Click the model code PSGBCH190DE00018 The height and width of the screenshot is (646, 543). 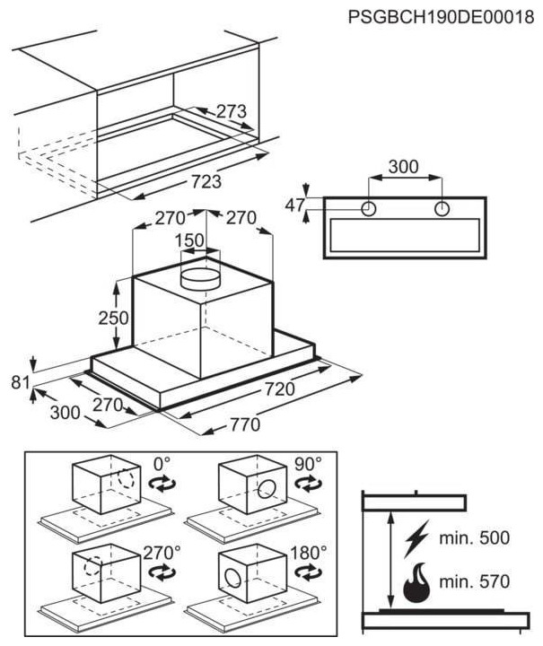[441, 17]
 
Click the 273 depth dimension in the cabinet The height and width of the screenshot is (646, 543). [232, 111]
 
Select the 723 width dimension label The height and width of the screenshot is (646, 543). [206, 181]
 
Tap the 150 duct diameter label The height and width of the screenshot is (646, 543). [189, 240]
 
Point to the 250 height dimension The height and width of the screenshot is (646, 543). [113, 318]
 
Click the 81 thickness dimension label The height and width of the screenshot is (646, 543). [20, 382]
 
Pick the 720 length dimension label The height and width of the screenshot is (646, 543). [280, 388]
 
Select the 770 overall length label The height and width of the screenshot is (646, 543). [245, 424]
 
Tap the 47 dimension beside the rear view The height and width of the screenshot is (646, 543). [295, 205]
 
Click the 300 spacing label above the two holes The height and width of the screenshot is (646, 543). [404, 167]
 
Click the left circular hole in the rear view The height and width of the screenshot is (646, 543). [369, 209]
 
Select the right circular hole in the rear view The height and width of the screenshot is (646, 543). [442, 209]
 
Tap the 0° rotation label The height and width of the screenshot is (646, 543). [162, 464]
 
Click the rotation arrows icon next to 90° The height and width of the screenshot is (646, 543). [309, 484]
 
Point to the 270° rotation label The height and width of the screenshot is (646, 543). [162, 553]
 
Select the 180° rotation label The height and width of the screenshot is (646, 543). [309, 553]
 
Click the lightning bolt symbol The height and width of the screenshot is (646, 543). [417, 538]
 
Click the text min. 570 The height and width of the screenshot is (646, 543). [475, 581]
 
